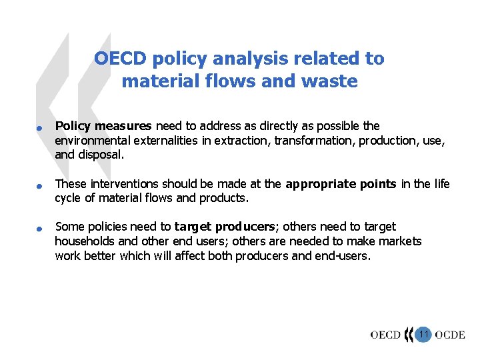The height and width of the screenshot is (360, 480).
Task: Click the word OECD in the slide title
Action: click(x=120, y=59)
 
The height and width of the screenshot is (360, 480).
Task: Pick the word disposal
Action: click(x=100, y=154)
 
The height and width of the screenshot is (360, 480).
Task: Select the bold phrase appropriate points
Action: click(x=341, y=184)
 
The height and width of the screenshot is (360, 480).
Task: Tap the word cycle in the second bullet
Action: click(x=68, y=198)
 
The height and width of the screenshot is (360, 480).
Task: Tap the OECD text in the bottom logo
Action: click(x=385, y=335)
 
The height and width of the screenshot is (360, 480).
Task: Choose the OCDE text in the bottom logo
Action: click(x=450, y=335)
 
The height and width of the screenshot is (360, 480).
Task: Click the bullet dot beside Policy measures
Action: click(x=40, y=128)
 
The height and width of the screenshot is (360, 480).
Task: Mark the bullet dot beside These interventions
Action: click(x=40, y=186)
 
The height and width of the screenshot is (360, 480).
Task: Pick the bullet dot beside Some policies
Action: click(x=40, y=229)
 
